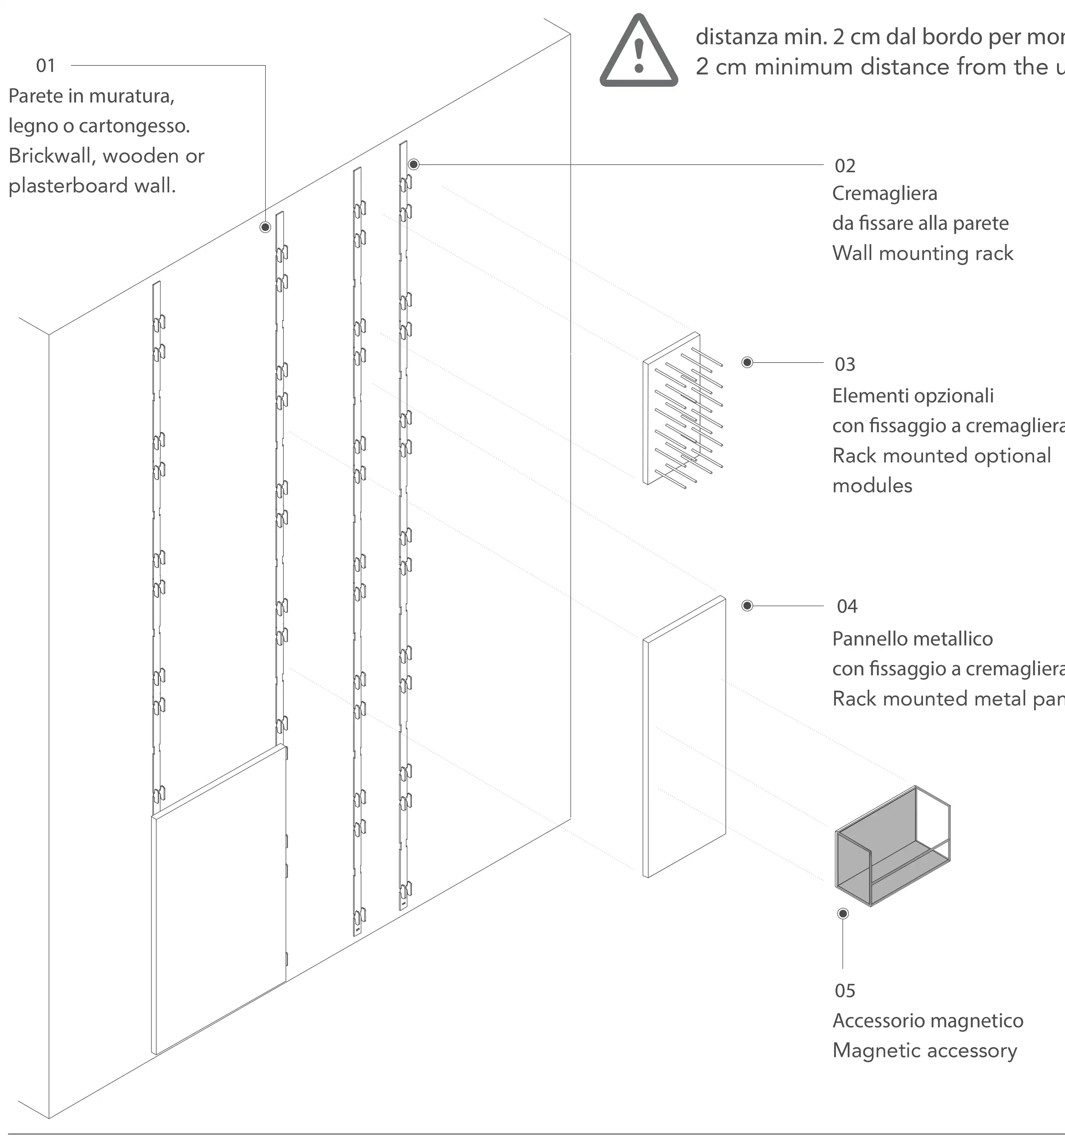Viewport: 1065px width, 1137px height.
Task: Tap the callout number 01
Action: [46, 66]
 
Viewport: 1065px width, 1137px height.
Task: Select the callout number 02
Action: [845, 166]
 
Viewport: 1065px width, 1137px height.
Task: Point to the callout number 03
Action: [845, 364]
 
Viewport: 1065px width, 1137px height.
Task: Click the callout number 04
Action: [847, 606]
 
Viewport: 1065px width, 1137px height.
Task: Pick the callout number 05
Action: [845, 991]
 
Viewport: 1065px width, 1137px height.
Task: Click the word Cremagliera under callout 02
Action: [884, 193]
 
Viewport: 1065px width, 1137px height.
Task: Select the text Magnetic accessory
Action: [924, 1051]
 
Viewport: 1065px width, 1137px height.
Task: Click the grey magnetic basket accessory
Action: [892, 846]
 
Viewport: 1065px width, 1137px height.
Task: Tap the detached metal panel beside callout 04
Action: [684, 738]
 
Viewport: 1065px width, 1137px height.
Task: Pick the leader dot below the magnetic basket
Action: [842, 913]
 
